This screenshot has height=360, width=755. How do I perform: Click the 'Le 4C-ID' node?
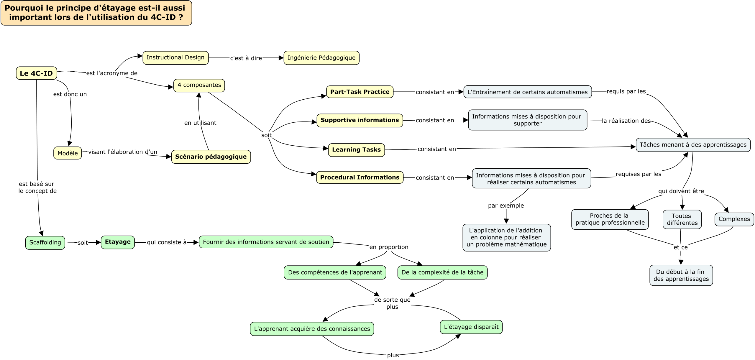coord(36,73)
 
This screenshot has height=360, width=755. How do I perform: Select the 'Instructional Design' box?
coord(175,57)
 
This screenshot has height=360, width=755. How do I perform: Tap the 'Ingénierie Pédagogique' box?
coord(321,58)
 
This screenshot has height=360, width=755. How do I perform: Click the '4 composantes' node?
coord(199,85)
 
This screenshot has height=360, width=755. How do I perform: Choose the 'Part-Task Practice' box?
coord(360,92)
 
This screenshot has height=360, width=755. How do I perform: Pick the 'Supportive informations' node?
coord(360,120)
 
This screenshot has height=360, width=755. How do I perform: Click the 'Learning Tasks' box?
coord(356,150)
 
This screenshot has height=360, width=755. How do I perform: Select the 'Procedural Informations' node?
coord(360,177)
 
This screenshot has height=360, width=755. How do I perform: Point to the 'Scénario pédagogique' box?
coord(211,157)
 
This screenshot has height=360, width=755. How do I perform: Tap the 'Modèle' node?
coord(68,153)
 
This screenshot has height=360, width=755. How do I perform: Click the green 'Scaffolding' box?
coord(45,243)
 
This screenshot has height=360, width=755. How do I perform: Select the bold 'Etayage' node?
coord(118,242)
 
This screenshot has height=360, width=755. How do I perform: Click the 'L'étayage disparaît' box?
coord(471,327)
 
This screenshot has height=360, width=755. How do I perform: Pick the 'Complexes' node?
coord(734,219)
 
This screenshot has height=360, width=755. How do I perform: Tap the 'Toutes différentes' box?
coord(682,219)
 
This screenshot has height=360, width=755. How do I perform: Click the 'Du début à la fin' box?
coord(681,275)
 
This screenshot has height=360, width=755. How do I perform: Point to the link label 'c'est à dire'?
coord(246,58)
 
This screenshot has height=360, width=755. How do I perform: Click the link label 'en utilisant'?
coord(200,123)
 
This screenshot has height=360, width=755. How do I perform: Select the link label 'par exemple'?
coord(506,206)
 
